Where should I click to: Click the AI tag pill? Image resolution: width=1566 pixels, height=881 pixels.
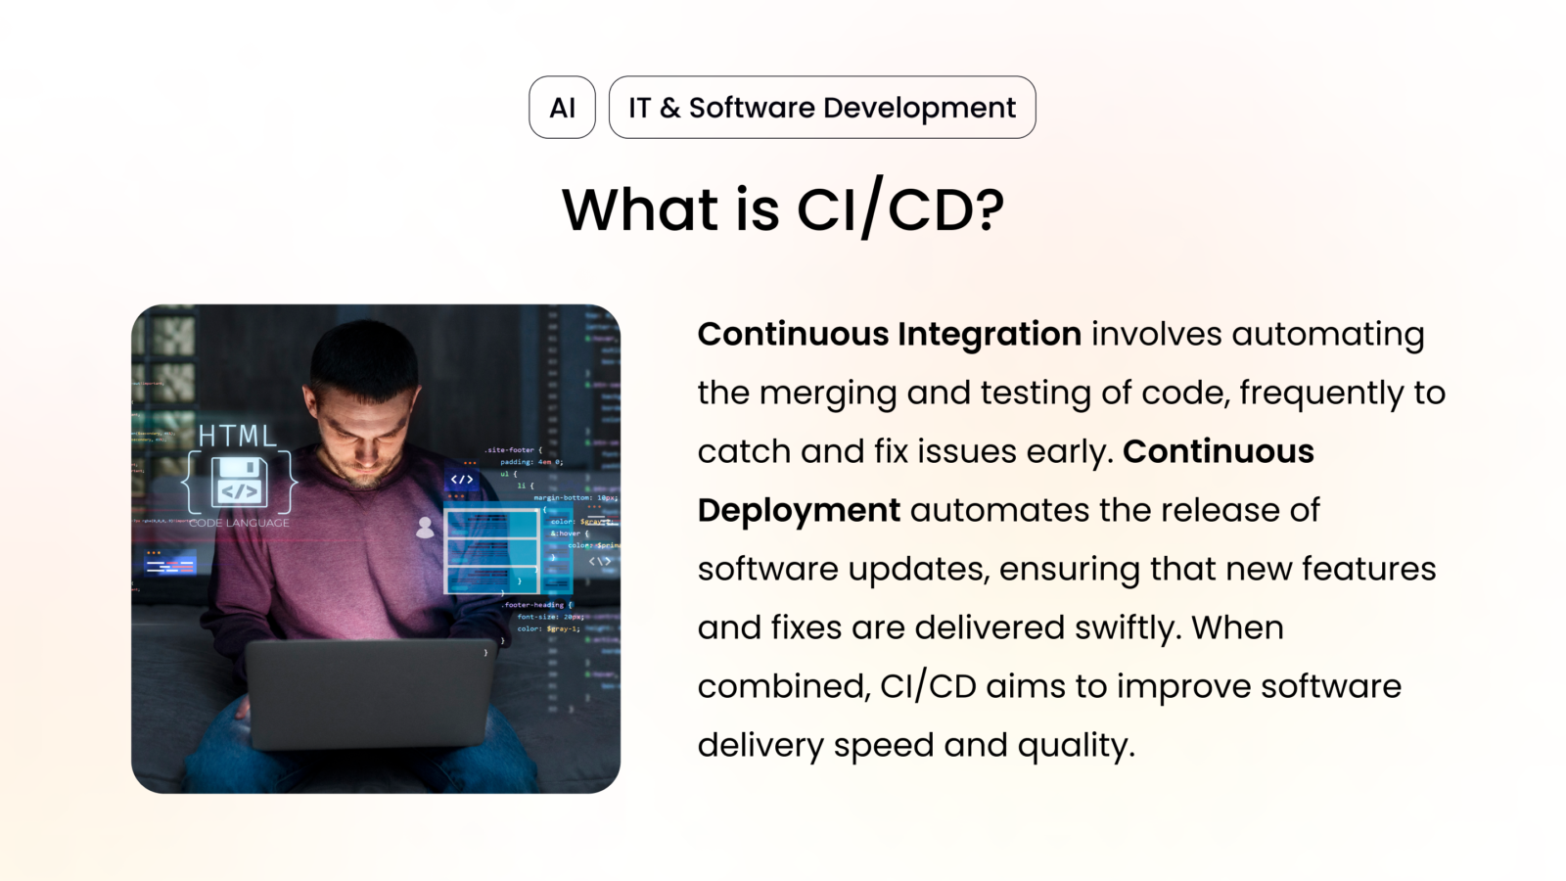coord(562,108)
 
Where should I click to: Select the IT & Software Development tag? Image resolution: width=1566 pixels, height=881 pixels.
coord(821,108)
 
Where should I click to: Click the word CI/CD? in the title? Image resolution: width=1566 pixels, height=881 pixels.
coord(900,209)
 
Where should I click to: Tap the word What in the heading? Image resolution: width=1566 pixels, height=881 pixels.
coord(640,209)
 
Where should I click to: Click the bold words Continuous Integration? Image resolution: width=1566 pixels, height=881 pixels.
coord(889,334)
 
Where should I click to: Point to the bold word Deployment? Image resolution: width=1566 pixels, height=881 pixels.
coord(799,510)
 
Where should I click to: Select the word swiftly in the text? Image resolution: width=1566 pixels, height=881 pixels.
coord(1124,627)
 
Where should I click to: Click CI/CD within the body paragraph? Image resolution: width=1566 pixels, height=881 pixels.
coord(928,686)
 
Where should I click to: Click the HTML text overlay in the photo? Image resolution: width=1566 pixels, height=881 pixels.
coord(238,436)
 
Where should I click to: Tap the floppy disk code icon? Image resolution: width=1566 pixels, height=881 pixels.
coord(240,482)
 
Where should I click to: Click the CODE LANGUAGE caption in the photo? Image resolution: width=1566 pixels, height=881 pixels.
coord(239,523)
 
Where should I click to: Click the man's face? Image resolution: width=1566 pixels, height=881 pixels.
coord(363,431)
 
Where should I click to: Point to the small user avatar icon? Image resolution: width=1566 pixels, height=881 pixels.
coord(425,528)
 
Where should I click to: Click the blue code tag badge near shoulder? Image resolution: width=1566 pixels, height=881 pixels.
coord(462,480)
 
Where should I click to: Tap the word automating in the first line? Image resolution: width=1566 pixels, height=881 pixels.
coord(1327,334)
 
